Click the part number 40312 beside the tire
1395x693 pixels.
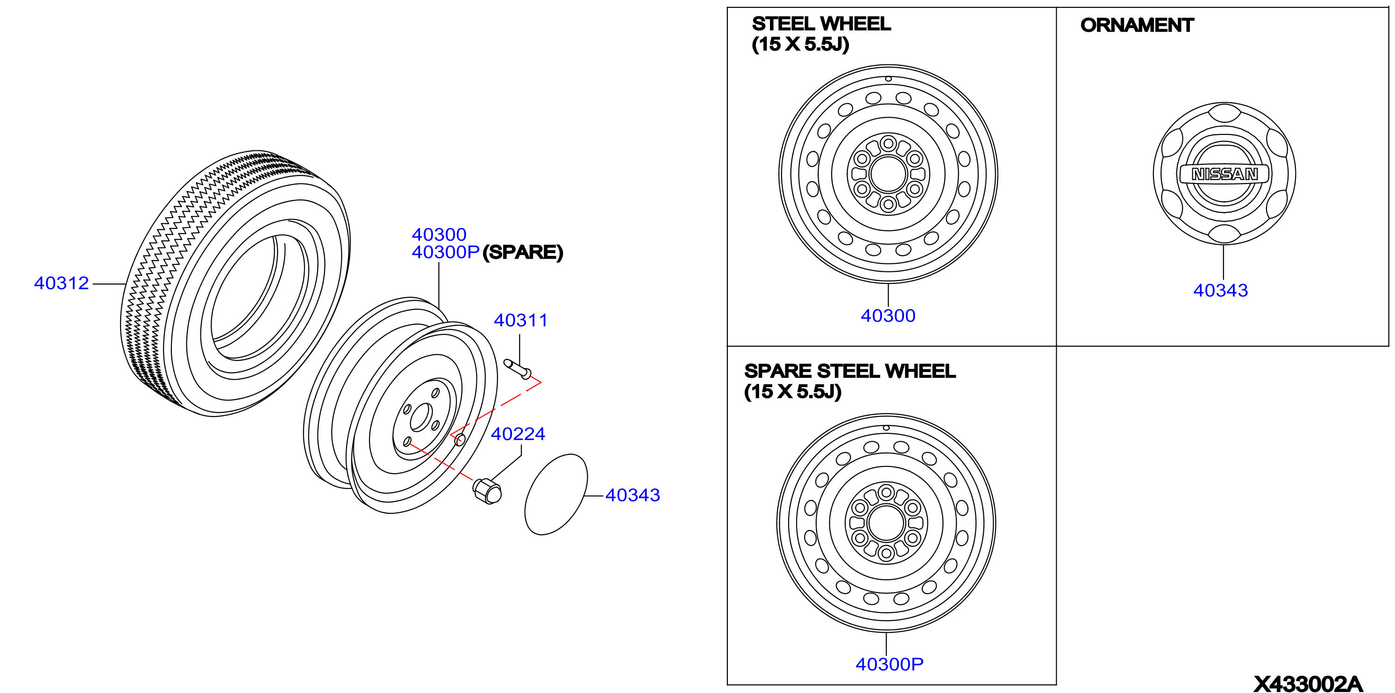point(61,283)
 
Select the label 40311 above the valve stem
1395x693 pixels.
point(520,320)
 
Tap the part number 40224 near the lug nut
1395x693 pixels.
point(518,434)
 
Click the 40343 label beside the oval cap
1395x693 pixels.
point(633,495)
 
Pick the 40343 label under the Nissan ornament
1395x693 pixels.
point(1221,291)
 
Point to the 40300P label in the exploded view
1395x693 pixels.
point(446,252)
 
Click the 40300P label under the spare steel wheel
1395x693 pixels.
point(889,665)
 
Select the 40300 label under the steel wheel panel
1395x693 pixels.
point(888,316)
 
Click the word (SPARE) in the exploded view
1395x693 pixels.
point(523,252)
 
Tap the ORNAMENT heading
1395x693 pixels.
point(1137,25)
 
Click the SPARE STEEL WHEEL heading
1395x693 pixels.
point(850,371)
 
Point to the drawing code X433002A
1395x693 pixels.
point(1308,684)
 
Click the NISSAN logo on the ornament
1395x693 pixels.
point(1224,174)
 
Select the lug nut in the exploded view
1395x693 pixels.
point(487,491)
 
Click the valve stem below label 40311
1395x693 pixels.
point(518,369)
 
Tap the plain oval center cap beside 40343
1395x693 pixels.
point(556,495)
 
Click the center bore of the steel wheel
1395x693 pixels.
point(888,174)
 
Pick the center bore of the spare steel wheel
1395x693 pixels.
point(886,523)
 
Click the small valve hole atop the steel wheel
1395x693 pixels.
point(888,79)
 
